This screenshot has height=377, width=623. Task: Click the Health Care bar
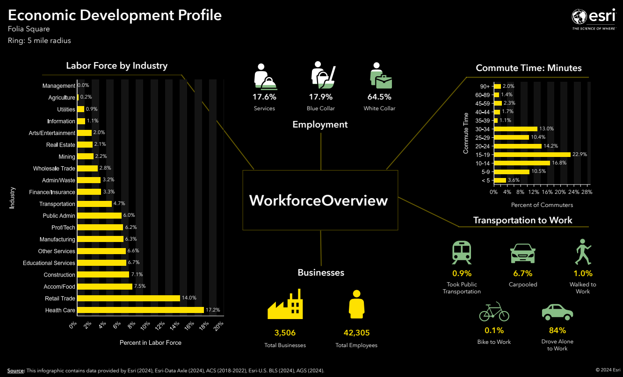[140, 310]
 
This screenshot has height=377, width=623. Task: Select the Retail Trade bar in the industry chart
[129, 298]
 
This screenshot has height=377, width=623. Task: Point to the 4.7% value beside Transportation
[119, 204]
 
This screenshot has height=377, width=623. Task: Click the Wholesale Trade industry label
[54, 169]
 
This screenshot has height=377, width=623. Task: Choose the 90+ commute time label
[485, 86]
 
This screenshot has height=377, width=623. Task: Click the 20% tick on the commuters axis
[560, 192]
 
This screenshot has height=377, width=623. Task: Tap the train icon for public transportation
[462, 253]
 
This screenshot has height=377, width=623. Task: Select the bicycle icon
[494, 312]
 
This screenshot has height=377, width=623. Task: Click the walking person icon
[583, 252]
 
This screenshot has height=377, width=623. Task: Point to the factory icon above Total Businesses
[285, 305]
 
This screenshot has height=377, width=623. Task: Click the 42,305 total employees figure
[356, 333]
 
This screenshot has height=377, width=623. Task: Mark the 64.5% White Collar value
[379, 97]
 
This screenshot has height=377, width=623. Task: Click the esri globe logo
[580, 17]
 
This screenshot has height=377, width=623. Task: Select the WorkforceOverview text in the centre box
[319, 200]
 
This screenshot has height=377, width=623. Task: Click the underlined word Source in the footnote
[16, 370]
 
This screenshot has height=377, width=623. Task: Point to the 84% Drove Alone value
[557, 331]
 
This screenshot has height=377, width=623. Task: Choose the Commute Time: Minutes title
[529, 68]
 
